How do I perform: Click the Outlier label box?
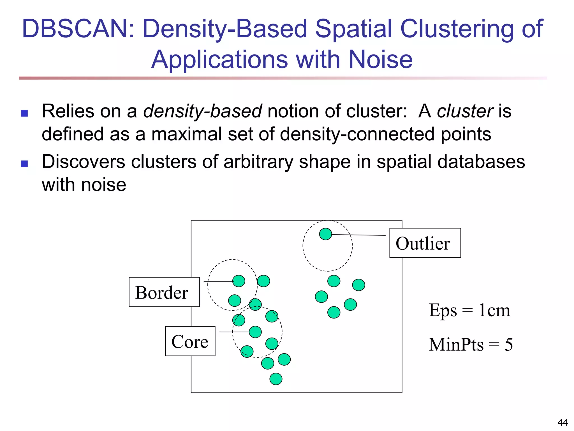click(x=425, y=243)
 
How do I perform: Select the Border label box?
click(x=164, y=292)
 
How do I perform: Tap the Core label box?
click(x=190, y=341)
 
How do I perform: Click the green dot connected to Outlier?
click(x=325, y=234)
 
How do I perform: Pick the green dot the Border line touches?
click(x=239, y=281)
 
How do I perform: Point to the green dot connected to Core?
click(x=255, y=332)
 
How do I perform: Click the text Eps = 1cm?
click(x=469, y=310)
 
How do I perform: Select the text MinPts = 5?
click(x=471, y=345)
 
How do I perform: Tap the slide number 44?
click(x=563, y=422)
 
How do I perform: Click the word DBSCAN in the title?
click(x=78, y=29)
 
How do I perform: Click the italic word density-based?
click(x=202, y=111)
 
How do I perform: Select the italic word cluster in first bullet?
click(x=465, y=111)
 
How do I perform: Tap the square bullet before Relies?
click(x=24, y=113)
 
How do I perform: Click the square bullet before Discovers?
click(x=24, y=164)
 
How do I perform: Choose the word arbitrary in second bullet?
click(x=258, y=162)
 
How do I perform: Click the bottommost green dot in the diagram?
click(x=276, y=379)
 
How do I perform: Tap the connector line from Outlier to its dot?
click(x=359, y=235)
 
